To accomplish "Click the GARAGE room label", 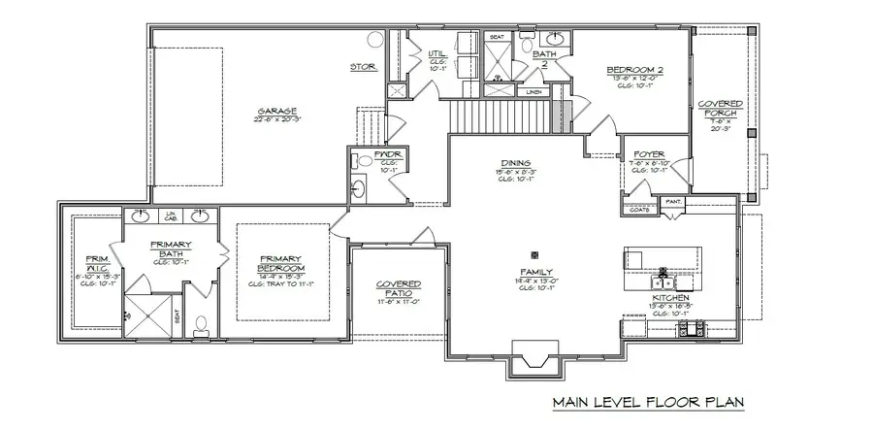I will click(x=276, y=111).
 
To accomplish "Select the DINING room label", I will click(x=515, y=162).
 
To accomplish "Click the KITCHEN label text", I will click(x=670, y=297).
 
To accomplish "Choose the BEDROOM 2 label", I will click(x=634, y=70).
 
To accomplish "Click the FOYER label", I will click(x=647, y=155).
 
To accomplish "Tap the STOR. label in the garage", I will click(x=364, y=67).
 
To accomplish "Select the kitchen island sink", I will click(x=663, y=272).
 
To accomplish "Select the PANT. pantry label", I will click(x=673, y=204).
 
